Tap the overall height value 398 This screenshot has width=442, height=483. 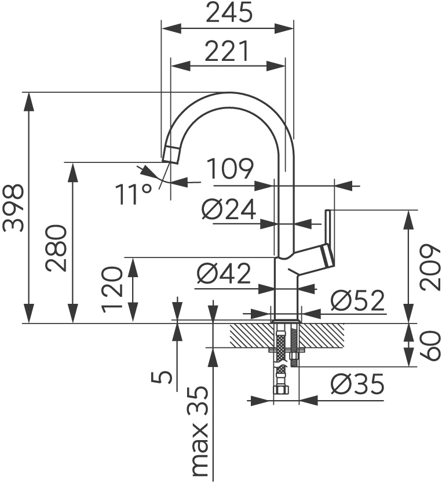coord(13,208)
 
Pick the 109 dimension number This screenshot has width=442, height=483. coord(231,169)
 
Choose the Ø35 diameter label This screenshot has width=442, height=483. coord(357,384)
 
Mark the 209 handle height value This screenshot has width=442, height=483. coord(430,267)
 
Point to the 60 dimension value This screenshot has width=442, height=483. coord(430,346)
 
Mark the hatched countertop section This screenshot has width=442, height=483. coord(324,334)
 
